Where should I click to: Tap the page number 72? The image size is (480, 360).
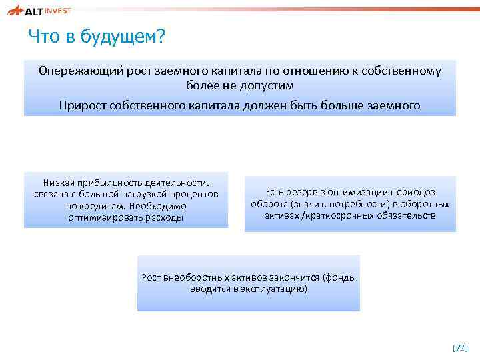click(x=460, y=348)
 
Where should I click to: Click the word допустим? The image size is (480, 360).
click(x=265, y=86)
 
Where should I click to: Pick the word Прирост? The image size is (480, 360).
click(x=81, y=105)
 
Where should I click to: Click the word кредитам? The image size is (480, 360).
click(x=102, y=206)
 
